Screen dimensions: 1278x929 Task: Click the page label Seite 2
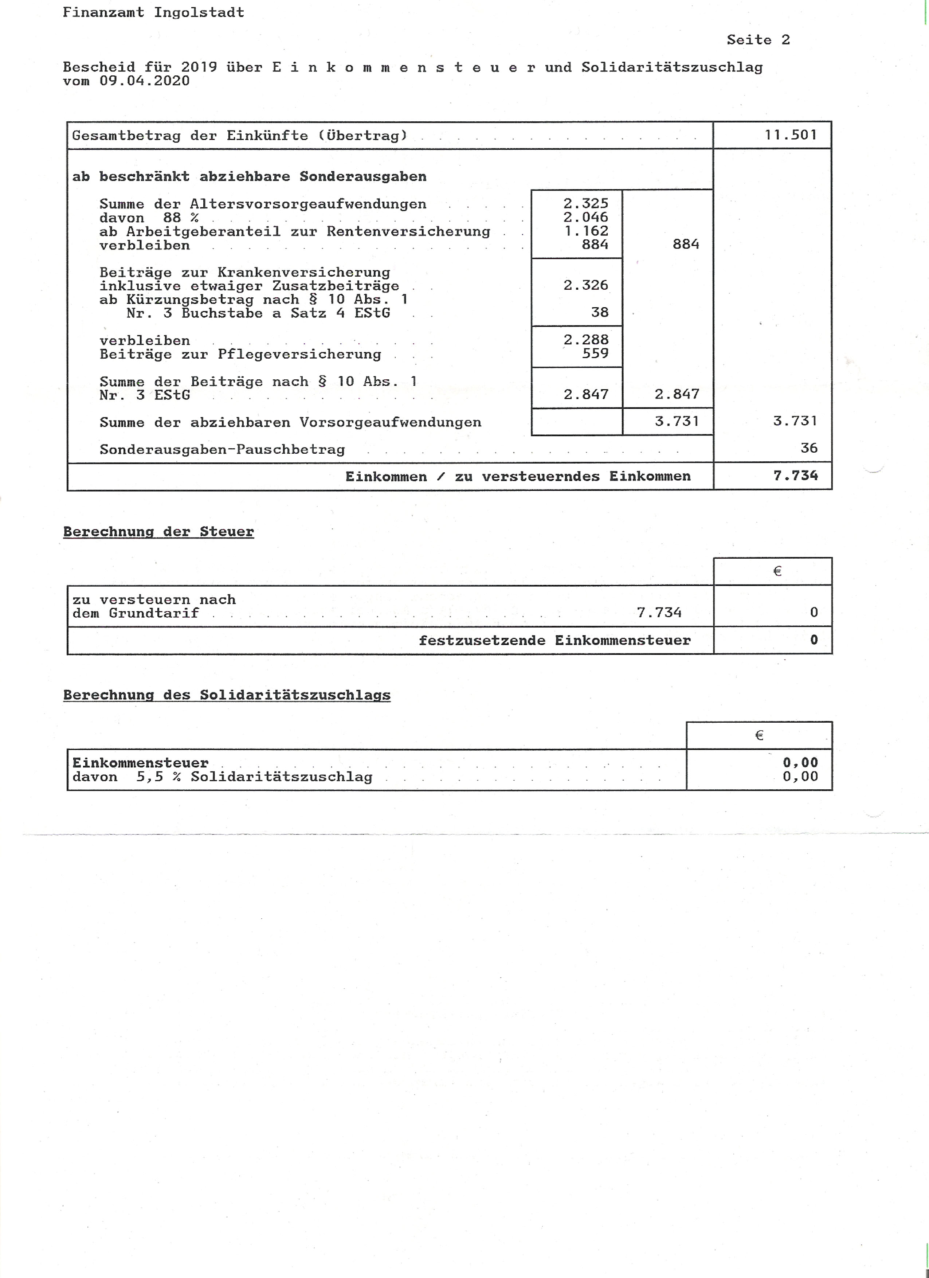[758, 40]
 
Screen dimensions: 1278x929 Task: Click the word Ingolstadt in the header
[199, 12]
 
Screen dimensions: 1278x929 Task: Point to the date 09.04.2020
[145, 81]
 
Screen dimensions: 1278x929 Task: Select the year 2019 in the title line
[199, 68]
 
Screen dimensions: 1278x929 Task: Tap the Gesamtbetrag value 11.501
[791, 135]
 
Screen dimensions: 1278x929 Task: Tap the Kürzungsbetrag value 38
[599, 313]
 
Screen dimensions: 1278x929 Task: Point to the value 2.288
[586, 340]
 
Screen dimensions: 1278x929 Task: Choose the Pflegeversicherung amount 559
[595, 354]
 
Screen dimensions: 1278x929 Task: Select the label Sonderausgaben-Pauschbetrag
[222, 450]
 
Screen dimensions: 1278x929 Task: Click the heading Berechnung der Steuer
[158, 532]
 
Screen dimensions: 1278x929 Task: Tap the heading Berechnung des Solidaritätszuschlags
[227, 695]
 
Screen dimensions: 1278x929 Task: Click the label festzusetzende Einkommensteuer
[554, 641]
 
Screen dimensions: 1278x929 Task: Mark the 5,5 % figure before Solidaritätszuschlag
[155, 777]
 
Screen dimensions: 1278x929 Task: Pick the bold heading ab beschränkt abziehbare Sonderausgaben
[249, 177]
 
